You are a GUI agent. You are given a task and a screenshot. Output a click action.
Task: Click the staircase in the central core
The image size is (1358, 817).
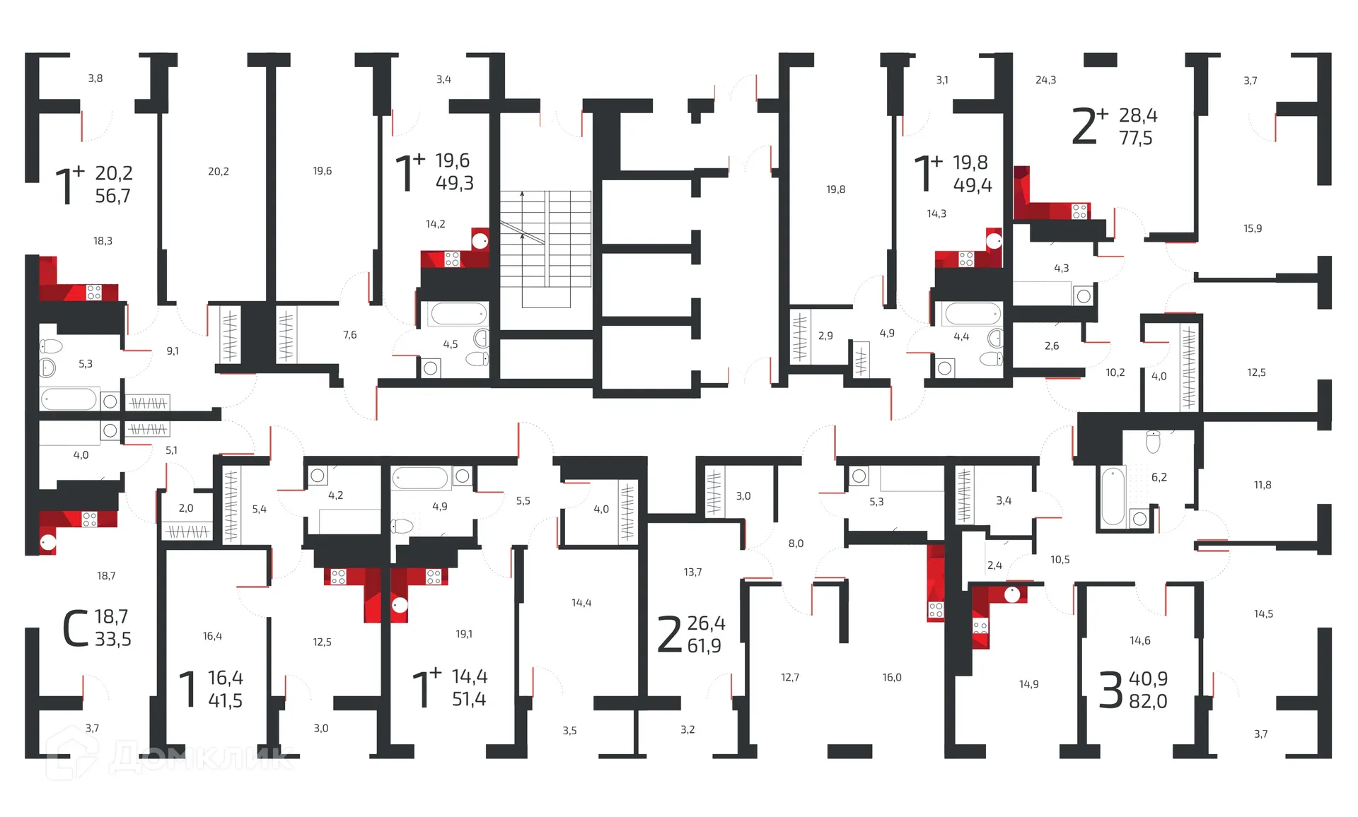click(x=545, y=247)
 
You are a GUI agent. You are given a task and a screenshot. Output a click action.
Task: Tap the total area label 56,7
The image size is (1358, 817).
click(x=113, y=196)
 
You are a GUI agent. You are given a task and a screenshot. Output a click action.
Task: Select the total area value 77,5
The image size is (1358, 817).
click(x=1135, y=138)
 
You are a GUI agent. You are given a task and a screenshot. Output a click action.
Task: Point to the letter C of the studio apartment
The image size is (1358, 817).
click(x=75, y=628)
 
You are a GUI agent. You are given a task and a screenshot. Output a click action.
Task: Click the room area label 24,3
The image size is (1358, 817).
click(x=1045, y=80)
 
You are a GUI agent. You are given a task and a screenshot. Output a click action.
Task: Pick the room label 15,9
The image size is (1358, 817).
click(x=1253, y=228)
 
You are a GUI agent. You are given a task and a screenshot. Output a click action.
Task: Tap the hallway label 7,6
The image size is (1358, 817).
click(x=350, y=334)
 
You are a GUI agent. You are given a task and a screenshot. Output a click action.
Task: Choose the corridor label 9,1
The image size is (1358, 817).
click(x=173, y=351)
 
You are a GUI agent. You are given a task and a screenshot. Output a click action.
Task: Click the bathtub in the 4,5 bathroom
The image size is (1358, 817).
click(x=458, y=313)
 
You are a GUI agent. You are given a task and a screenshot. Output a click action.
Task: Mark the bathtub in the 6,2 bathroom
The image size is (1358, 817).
click(x=1113, y=496)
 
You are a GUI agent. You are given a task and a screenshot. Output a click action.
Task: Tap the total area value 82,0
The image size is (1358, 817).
click(x=1147, y=701)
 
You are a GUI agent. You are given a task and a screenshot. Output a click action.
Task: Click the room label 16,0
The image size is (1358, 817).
click(x=892, y=677)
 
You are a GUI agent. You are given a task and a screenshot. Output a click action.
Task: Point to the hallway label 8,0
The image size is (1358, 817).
click(x=796, y=543)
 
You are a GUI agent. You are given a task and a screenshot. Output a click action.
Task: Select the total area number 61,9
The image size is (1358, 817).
click(x=704, y=645)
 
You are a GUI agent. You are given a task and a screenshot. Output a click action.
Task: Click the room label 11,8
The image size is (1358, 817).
click(x=1263, y=485)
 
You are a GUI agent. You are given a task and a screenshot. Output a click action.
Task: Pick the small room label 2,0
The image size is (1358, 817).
click(x=186, y=507)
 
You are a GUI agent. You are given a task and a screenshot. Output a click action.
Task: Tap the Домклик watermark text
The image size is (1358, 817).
click(x=202, y=758)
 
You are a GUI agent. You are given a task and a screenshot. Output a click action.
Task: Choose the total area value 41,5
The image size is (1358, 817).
click(x=225, y=700)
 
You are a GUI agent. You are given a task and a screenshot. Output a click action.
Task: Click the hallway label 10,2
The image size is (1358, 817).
click(x=1115, y=372)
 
